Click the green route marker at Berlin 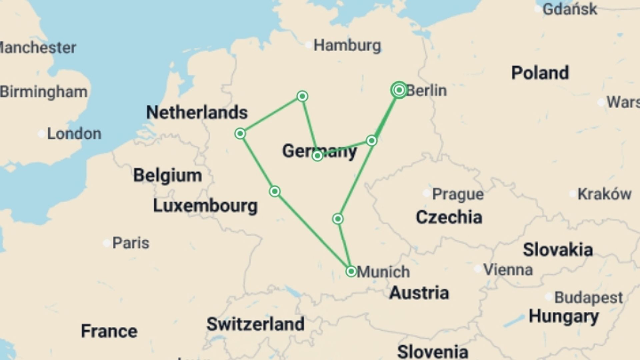click(x=399, y=90)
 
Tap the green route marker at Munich click(x=351, y=271)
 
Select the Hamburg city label click(x=347, y=45)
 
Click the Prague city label click(x=457, y=194)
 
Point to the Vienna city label click(x=508, y=269)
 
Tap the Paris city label click(x=130, y=243)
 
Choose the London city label click(x=74, y=134)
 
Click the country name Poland click(x=540, y=73)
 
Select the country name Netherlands click(x=197, y=113)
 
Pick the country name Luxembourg click(x=205, y=206)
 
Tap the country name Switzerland click(x=255, y=324)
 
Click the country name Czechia click(x=449, y=217)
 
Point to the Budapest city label click(x=588, y=297)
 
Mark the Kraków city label click(x=604, y=194)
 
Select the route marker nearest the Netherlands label click(x=240, y=134)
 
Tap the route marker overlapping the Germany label click(x=317, y=155)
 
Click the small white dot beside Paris click(x=107, y=243)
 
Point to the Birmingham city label click(x=43, y=92)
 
